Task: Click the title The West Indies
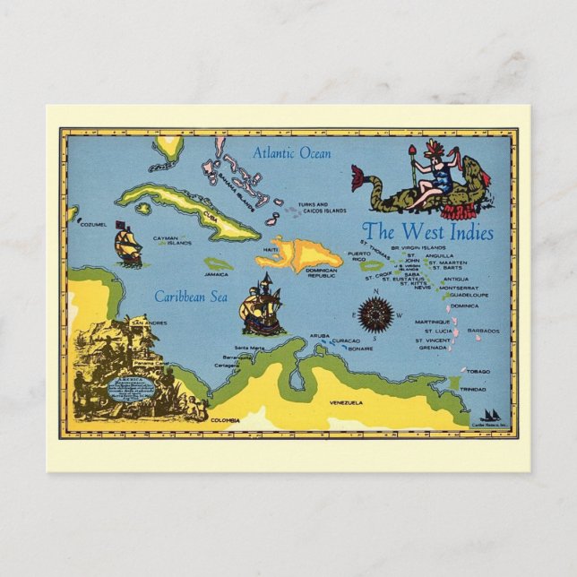(x=428, y=232)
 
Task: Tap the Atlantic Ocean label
(x=292, y=153)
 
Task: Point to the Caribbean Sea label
(x=189, y=296)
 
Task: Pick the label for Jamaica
(x=216, y=274)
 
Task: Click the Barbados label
(x=483, y=331)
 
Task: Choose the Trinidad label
(x=473, y=390)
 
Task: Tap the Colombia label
(x=225, y=419)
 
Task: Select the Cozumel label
(x=92, y=224)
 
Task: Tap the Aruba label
(x=320, y=335)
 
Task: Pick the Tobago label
(x=478, y=371)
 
